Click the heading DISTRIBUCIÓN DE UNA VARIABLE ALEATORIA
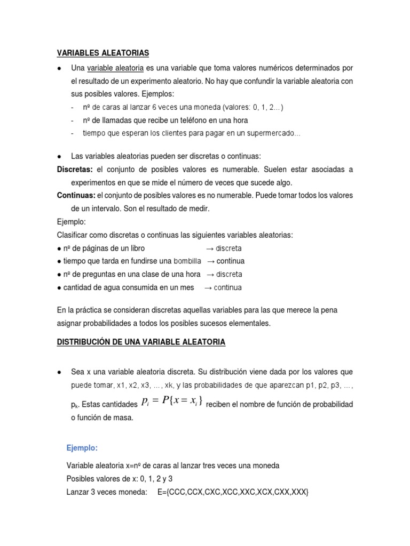[x=141, y=343]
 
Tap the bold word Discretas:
[x=75, y=170]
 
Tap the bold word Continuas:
[x=76, y=196]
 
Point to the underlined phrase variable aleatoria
[x=115, y=68]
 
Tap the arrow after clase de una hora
[x=209, y=275]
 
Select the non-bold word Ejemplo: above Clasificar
[x=71, y=222]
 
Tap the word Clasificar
[x=73, y=235]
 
